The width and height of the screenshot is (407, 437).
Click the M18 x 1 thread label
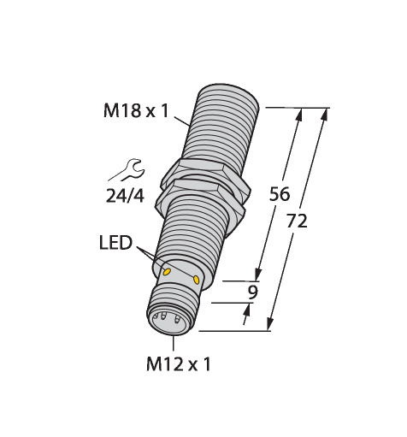coord(136,111)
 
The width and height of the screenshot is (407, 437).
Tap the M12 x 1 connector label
coord(179,364)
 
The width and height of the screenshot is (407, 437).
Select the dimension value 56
coord(280,194)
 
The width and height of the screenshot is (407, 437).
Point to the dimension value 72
coord(297,221)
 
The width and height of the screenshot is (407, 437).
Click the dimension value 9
coord(252,292)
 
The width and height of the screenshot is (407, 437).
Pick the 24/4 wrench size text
coord(125,197)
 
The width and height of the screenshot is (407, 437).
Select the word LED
coord(115,243)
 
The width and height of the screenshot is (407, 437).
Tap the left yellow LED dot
coord(167,272)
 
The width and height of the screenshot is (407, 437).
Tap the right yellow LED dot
coord(196,280)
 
